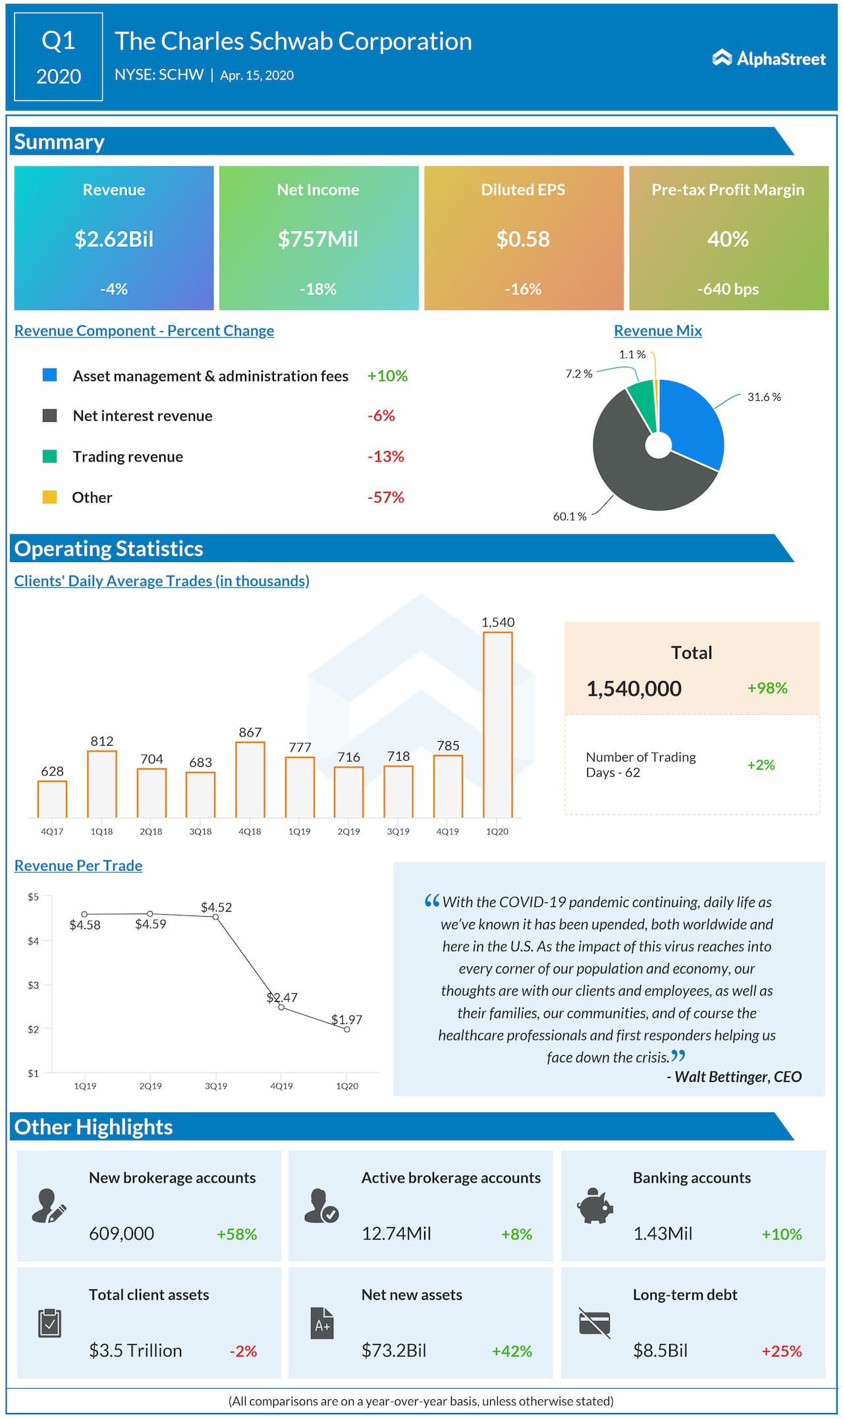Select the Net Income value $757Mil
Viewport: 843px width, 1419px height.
click(x=318, y=239)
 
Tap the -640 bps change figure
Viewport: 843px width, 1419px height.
click(x=728, y=289)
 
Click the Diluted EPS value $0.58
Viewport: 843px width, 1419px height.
click(x=523, y=239)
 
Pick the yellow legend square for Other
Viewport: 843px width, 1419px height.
click(x=49, y=497)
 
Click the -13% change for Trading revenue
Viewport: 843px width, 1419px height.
click(x=385, y=457)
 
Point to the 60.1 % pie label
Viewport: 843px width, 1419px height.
click(x=569, y=517)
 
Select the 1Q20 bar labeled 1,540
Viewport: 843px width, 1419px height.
click(x=497, y=724)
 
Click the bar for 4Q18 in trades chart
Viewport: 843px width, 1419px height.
click(x=250, y=780)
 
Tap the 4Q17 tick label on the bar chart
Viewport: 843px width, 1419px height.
click(x=52, y=831)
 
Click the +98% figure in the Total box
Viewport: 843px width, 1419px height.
click(x=767, y=688)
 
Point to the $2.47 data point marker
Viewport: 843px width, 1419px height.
click(x=281, y=1007)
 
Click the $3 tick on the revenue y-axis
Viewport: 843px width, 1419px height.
click(x=33, y=985)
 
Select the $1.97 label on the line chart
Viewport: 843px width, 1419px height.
click(x=346, y=1019)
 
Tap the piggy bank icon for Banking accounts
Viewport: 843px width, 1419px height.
click(x=595, y=1206)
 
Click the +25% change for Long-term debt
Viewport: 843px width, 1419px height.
click(x=781, y=1351)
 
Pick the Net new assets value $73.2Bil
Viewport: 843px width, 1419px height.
click(x=393, y=1351)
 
